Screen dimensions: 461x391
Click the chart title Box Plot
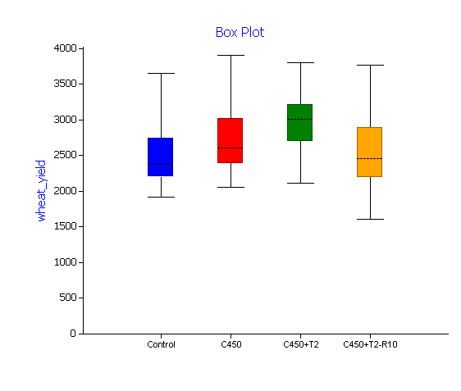[x=240, y=32]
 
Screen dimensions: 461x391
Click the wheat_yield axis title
[x=41, y=191]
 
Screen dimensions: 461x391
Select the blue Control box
[x=160, y=157]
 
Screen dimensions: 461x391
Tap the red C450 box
[x=230, y=140]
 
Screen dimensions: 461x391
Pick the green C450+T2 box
[x=299, y=122]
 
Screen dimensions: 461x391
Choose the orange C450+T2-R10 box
[x=369, y=152]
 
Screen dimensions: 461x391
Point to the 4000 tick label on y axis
[x=65, y=48]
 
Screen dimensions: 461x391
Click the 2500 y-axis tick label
[x=65, y=155]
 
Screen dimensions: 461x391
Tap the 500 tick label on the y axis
[x=68, y=298]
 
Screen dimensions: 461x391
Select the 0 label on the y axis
[x=73, y=334]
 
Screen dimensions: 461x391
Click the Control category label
[x=161, y=344]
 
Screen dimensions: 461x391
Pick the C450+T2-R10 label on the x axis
[x=370, y=344]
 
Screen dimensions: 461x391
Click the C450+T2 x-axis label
[x=301, y=344]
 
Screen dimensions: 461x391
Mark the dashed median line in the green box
[x=299, y=120]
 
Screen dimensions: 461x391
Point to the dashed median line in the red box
[x=230, y=148]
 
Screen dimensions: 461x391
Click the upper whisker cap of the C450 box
[x=230, y=55]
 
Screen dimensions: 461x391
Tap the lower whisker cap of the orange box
[x=370, y=219]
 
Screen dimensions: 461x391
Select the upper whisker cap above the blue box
[x=161, y=74]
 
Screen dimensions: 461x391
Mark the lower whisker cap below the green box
[x=300, y=184]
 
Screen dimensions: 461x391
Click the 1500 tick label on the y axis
[x=65, y=226]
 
